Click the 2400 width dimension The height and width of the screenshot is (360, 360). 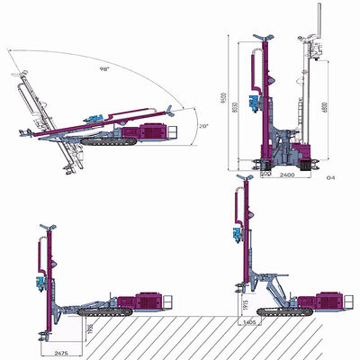click(287, 175)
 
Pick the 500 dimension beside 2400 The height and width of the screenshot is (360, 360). click(265, 175)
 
